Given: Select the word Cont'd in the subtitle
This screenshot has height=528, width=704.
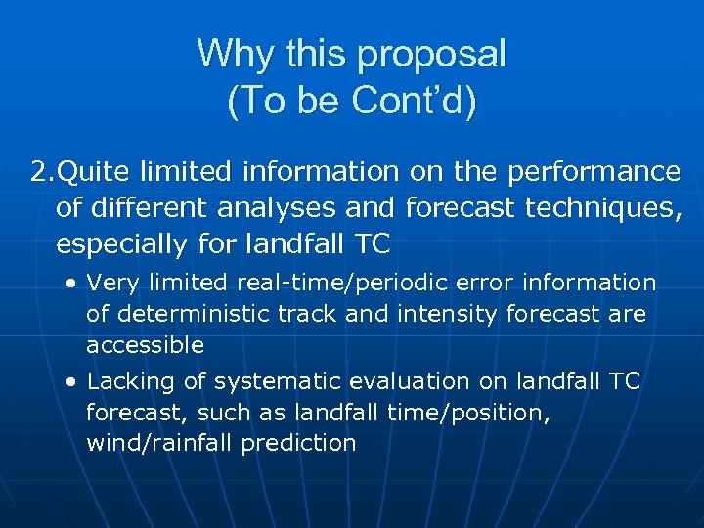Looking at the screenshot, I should [415, 101].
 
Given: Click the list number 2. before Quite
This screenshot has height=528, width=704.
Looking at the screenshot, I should [43, 172].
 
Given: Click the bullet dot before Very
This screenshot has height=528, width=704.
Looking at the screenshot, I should [72, 284].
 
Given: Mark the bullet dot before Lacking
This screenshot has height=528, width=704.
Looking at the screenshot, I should [72, 382].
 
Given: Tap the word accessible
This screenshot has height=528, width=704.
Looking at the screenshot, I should [145, 345].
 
